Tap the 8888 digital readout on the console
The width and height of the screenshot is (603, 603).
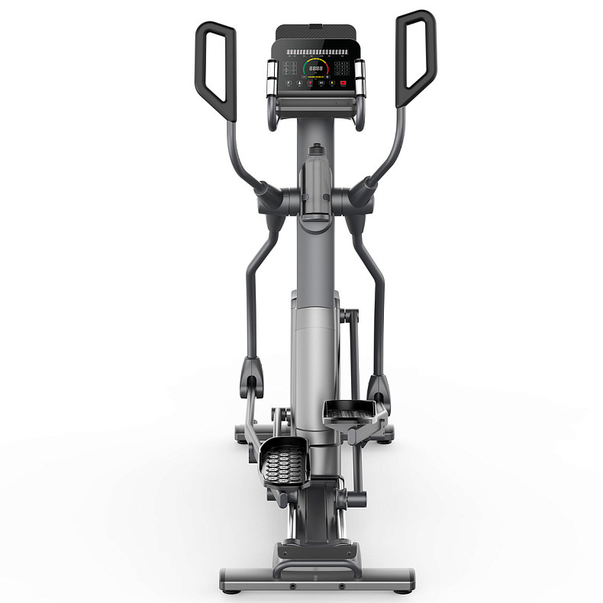316,69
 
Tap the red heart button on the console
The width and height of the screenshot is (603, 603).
310,82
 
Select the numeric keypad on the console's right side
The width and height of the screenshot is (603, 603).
342,68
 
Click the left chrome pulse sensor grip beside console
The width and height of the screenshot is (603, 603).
271,77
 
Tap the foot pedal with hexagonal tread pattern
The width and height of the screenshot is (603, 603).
284,463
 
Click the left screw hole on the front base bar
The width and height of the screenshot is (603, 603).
291,587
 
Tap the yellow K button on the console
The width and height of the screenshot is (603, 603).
332,82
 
